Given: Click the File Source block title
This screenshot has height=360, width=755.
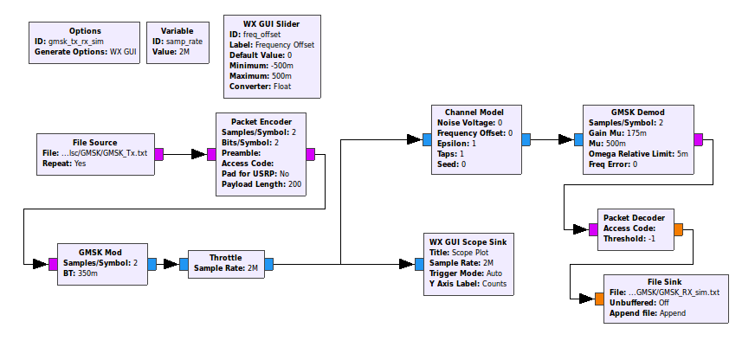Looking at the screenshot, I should [x=94, y=142].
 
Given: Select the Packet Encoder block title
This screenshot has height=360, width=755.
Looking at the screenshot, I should [x=261, y=121].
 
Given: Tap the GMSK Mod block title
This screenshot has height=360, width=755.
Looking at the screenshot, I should [x=101, y=252].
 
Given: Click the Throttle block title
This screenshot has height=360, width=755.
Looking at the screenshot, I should [x=225, y=257].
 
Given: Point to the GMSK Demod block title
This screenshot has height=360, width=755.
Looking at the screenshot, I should [x=638, y=112].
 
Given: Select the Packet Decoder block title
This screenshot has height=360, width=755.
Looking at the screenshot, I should [x=636, y=217].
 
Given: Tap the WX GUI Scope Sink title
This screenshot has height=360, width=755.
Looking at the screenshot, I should [x=468, y=241].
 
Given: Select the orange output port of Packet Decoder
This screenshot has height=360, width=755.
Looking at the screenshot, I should [x=678, y=229].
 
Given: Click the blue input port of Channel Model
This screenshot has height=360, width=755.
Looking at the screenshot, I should [x=427, y=138].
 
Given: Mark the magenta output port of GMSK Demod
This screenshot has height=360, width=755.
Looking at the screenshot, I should [x=698, y=138].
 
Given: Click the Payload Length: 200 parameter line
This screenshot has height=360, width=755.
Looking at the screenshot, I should [x=261, y=184].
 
